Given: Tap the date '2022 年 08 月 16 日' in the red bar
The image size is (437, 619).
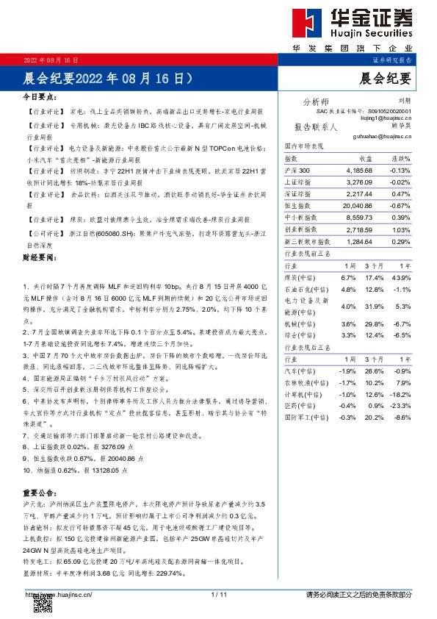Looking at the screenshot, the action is click(51, 59).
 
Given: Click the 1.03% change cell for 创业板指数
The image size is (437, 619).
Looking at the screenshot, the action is click(401, 230).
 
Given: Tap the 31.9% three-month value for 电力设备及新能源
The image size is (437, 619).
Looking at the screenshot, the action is click(375, 306).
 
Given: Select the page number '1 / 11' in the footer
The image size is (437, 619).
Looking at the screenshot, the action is click(219, 594).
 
